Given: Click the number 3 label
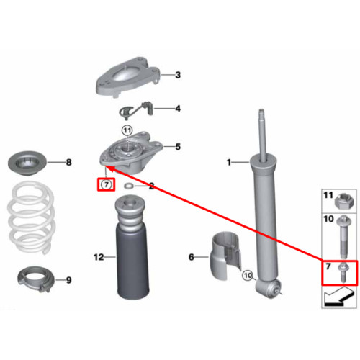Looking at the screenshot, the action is [178, 75].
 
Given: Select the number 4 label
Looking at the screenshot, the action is [178, 109].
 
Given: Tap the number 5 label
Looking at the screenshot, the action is [178, 147].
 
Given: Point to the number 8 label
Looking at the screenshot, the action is [68, 163].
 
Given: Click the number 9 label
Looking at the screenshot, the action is [68, 280].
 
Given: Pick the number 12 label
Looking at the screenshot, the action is [99, 257].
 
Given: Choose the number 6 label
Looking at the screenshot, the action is [191, 257].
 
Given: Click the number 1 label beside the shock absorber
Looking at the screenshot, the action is [229, 163].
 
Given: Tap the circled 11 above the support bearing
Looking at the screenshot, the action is [127, 131].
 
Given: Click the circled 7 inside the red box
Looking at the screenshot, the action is [106, 184].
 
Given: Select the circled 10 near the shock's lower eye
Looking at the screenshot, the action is [248, 275].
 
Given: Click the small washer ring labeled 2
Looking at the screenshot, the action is [128, 186].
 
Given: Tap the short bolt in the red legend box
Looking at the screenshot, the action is [342, 273].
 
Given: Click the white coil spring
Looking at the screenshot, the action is [32, 217].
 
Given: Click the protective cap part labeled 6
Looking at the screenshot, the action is [225, 256].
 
